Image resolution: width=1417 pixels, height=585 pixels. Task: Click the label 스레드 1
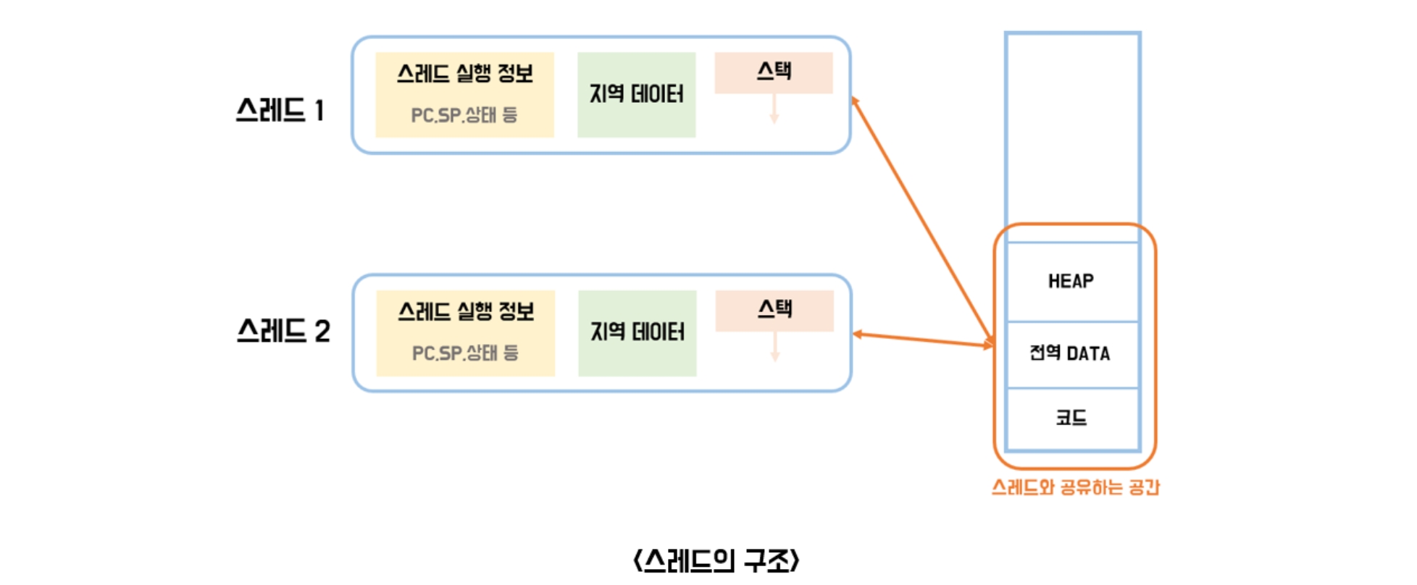pyautogui.click(x=280, y=111)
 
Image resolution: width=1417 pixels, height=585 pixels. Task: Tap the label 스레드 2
pyautogui.click(x=283, y=332)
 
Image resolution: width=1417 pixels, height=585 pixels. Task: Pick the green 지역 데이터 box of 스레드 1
pyautogui.click(x=636, y=94)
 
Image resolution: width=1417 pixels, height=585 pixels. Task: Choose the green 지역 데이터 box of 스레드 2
pyautogui.click(x=638, y=332)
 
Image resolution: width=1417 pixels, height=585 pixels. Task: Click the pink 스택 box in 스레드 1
pyautogui.click(x=774, y=72)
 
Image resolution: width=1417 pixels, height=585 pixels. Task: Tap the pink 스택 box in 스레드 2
pyautogui.click(x=774, y=310)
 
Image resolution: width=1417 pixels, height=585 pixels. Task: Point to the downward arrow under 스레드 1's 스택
pyautogui.click(x=774, y=109)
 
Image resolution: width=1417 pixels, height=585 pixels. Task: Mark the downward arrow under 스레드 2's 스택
pyautogui.click(x=775, y=348)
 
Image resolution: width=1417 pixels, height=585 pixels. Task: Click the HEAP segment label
pyautogui.click(x=1071, y=281)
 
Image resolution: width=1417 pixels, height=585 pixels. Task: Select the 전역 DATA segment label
pyautogui.click(x=1070, y=353)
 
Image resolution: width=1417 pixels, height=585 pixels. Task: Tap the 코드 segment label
pyautogui.click(x=1071, y=418)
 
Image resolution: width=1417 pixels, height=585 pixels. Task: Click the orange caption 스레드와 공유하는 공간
pyautogui.click(x=1075, y=487)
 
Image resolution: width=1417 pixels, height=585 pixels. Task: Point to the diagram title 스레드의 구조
pyautogui.click(x=716, y=560)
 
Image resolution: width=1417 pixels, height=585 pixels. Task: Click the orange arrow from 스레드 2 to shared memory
pyautogui.click(x=922, y=340)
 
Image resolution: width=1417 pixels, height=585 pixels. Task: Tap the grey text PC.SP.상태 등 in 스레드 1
pyautogui.click(x=464, y=115)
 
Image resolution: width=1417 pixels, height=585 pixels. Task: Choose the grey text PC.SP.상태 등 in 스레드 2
pyautogui.click(x=465, y=353)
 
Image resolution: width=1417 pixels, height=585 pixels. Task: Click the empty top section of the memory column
pyautogui.click(x=1072, y=130)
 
